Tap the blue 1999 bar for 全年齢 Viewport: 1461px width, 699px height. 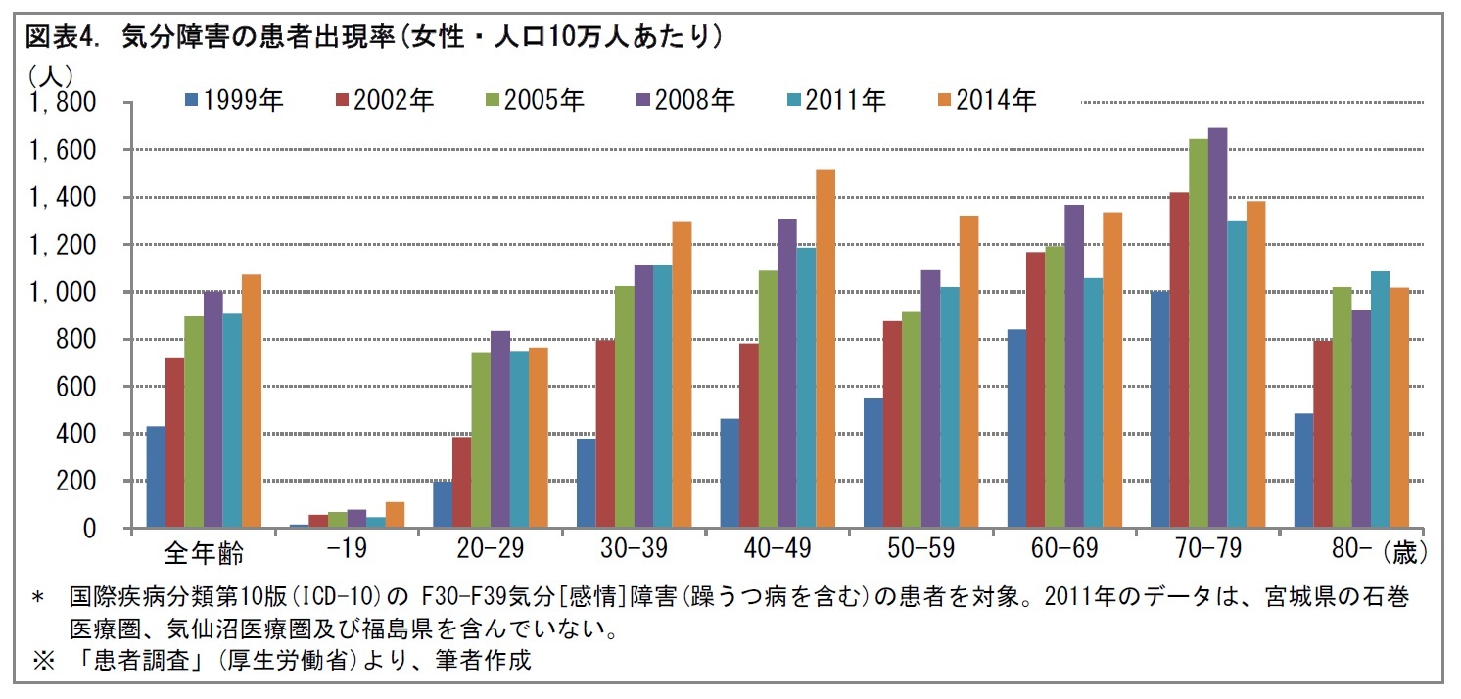[155, 477]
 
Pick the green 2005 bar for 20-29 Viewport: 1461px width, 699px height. [480, 441]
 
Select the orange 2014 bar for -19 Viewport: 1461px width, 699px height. [395, 515]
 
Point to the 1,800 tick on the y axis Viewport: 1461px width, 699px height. [62, 103]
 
